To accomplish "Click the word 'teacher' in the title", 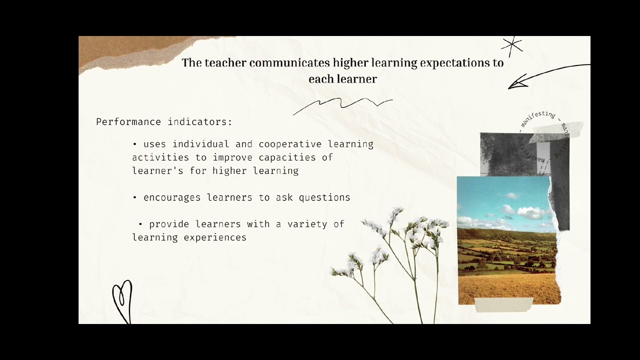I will (225, 63).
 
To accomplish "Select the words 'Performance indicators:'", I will (164, 122).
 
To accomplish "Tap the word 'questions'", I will (324, 197).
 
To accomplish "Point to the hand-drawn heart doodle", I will (122, 300).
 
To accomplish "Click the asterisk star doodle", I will (511, 46).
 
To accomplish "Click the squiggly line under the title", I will (342, 104).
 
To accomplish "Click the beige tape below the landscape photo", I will (503, 304).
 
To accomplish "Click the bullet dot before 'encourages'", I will (135, 197).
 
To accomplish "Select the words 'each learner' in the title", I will (342, 79).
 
